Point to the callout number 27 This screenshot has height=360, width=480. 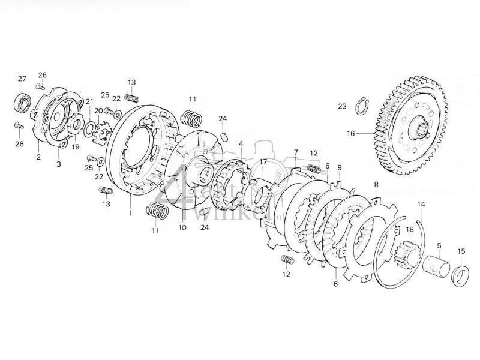(x=22, y=79)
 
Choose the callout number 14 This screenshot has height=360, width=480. (x=421, y=205)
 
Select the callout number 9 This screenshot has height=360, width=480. (x=340, y=167)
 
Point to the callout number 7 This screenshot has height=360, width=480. (x=296, y=152)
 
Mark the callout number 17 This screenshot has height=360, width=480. (x=262, y=162)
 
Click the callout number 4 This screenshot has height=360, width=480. (x=241, y=144)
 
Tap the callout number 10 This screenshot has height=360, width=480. (x=182, y=228)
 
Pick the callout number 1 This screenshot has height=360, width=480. (x=131, y=212)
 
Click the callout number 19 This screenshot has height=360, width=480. (x=76, y=147)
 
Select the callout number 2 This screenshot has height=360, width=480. (x=38, y=157)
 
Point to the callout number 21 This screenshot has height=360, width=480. (x=89, y=101)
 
